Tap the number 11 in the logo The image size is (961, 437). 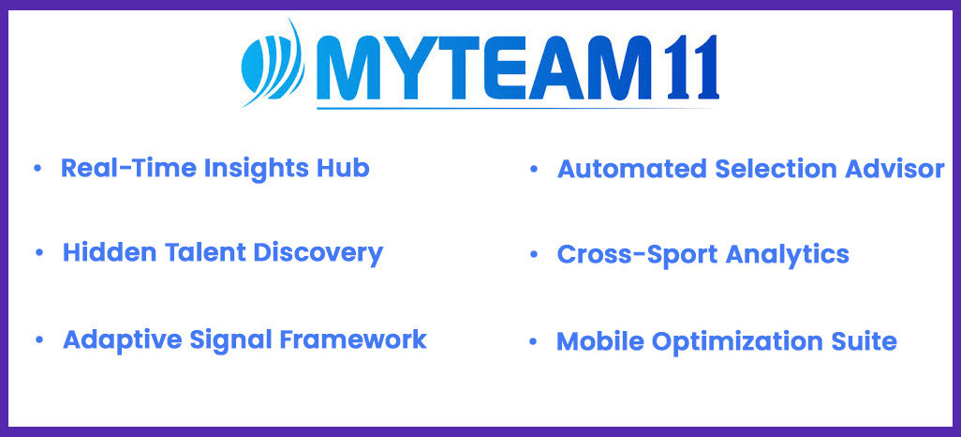(692, 68)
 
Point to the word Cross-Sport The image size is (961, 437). (636, 254)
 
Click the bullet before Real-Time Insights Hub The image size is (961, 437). (38, 168)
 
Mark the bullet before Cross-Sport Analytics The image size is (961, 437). (533, 254)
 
